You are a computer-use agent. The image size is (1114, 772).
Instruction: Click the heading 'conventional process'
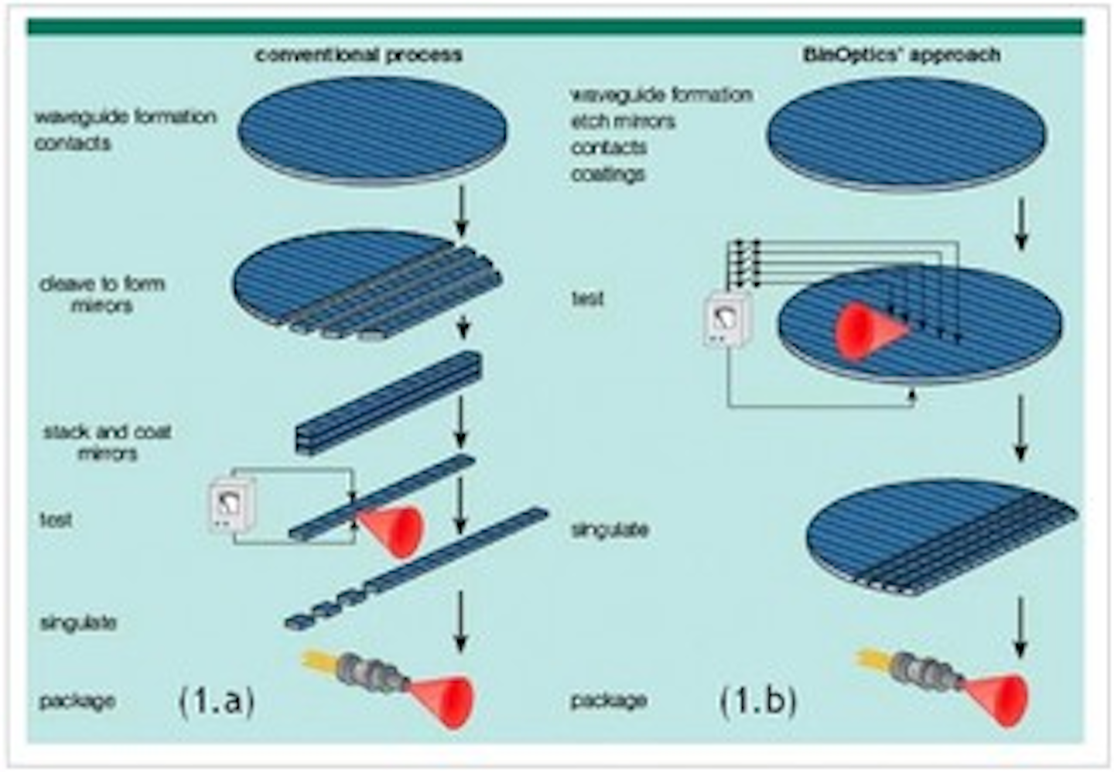pyautogui.click(x=359, y=56)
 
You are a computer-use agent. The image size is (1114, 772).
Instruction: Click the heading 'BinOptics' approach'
pyautogui.click(x=901, y=56)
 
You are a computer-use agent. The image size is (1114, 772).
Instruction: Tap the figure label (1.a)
pyautogui.click(x=217, y=702)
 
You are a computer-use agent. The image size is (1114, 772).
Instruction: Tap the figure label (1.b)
pyautogui.click(x=758, y=702)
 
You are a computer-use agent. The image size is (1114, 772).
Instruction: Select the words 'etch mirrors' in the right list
pyautogui.click(x=623, y=122)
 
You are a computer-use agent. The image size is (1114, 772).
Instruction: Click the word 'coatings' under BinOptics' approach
pyautogui.click(x=608, y=174)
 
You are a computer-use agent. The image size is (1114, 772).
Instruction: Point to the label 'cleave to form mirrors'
pyautogui.click(x=102, y=294)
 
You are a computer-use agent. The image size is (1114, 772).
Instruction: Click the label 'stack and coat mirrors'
pyautogui.click(x=107, y=442)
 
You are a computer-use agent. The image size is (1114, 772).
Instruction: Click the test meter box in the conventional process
pyautogui.click(x=233, y=506)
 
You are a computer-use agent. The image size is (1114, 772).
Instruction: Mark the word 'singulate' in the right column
pyautogui.click(x=610, y=530)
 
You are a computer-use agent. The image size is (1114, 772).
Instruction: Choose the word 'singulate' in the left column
pyautogui.click(x=78, y=623)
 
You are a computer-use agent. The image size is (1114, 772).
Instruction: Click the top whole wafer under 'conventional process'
pyautogui.click(x=372, y=130)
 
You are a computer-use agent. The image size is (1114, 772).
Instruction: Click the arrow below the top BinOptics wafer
pyautogui.click(x=1020, y=224)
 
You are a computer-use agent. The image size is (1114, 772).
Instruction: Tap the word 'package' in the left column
pyautogui.click(x=77, y=702)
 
